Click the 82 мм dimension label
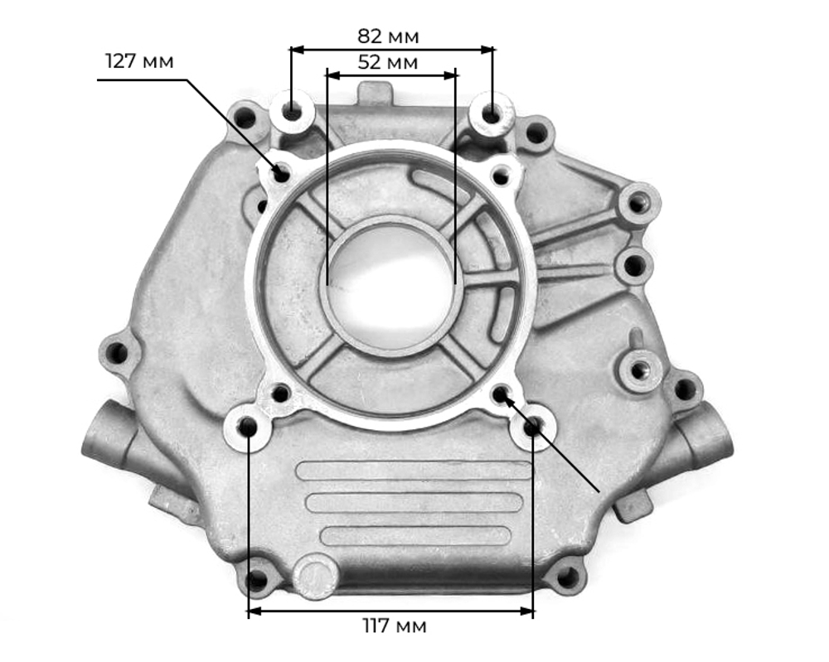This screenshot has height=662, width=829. (x=388, y=36)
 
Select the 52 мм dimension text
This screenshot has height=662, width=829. (x=388, y=62)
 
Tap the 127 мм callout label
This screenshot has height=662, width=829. (x=139, y=62)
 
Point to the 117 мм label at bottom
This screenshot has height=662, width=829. (x=395, y=626)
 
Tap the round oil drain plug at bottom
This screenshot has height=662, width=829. (x=314, y=576)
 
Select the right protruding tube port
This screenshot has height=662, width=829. (x=709, y=435)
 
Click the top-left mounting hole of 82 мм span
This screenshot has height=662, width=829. (x=291, y=110)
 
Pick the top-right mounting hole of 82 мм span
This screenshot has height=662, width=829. (x=492, y=114)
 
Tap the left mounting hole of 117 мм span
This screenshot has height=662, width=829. (x=248, y=427)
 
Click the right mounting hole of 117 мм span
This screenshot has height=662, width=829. (x=531, y=428)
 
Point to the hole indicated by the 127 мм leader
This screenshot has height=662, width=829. (x=282, y=173)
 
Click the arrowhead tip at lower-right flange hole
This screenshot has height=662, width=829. (x=503, y=395)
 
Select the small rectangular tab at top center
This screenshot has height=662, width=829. (x=375, y=91)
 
